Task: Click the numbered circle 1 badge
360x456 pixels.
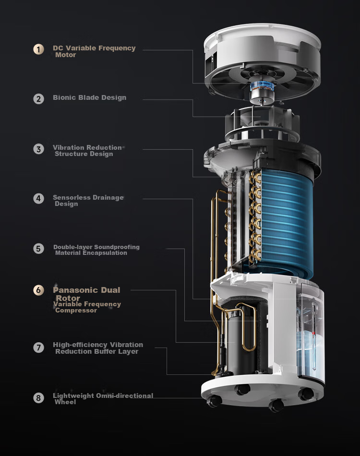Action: coord(38,49)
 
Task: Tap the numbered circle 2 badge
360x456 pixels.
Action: coord(38,99)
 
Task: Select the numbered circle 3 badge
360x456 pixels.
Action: coord(38,149)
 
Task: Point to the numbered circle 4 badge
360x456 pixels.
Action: coord(38,199)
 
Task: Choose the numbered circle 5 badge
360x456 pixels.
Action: coord(38,249)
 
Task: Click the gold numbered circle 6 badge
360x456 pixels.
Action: coord(38,290)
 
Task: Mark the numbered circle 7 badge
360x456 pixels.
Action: coord(38,348)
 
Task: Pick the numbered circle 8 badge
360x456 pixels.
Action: coord(38,397)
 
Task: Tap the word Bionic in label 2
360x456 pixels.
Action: coord(62,97)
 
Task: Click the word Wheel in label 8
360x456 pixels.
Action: coord(65,402)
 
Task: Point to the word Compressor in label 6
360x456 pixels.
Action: coord(76,310)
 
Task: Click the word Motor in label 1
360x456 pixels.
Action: coord(66,55)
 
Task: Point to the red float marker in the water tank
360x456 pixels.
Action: coord(313,333)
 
